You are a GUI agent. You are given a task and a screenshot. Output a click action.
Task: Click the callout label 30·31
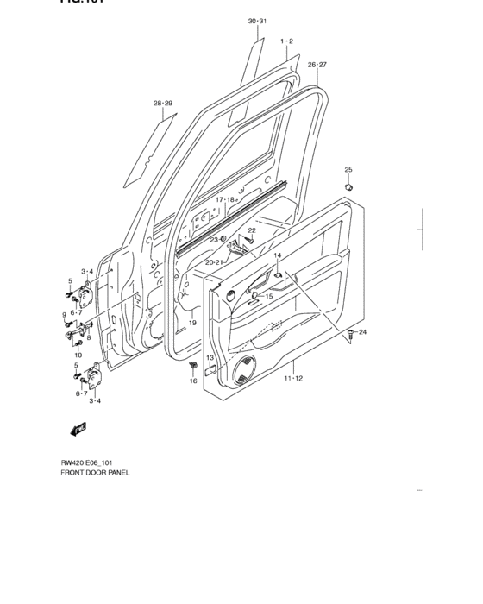258,21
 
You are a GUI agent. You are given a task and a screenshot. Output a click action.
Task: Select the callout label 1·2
287,41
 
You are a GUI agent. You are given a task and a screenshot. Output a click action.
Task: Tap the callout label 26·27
317,65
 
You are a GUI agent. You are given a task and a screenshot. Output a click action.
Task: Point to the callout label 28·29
163,104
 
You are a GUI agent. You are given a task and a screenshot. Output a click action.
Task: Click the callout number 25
348,169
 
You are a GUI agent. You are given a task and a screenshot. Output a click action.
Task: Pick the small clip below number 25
348,186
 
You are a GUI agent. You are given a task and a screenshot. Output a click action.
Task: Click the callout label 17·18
225,199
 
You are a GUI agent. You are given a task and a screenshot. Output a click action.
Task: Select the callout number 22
252,230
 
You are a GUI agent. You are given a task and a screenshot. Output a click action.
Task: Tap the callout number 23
214,240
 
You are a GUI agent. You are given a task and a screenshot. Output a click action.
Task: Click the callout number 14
278,256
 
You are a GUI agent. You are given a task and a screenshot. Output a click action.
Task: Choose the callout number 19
192,323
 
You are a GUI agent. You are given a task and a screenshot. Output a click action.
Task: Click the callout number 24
363,332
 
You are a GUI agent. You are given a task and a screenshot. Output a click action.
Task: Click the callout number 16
193,381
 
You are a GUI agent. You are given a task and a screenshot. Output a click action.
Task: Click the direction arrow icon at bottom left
78,428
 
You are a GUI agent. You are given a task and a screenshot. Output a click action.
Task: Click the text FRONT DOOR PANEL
94,472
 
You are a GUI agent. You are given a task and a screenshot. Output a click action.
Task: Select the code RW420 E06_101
90,462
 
